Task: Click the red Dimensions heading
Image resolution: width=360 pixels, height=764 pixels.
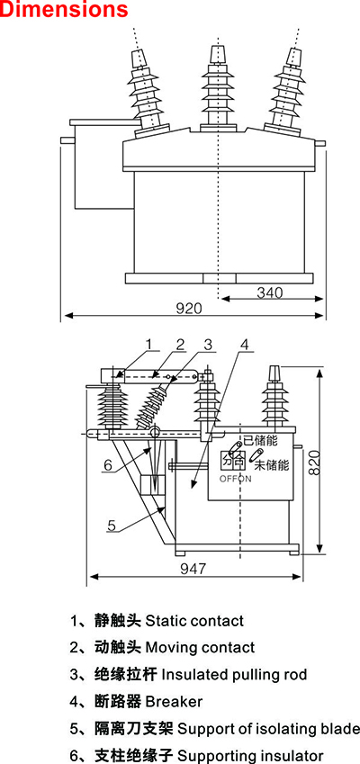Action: [x=64, y=9]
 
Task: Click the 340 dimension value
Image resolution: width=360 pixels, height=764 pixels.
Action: [x=270, y=292]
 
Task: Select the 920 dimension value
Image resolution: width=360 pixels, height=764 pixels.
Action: [x=188, y=309]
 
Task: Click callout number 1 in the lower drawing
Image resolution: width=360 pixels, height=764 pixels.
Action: [x=149, y=344]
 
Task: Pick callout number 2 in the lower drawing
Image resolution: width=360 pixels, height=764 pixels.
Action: [x=180, y=344]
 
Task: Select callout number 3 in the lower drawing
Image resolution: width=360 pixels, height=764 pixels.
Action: [x=208, y=344]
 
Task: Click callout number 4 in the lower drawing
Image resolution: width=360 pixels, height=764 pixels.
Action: [x=244, y=344]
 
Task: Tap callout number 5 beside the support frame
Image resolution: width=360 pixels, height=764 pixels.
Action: [x=112, y=526]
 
